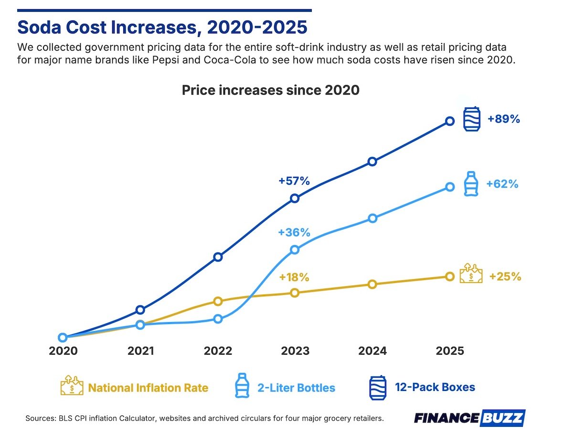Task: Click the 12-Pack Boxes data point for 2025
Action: (449, 121)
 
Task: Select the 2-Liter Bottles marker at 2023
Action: (295, 250)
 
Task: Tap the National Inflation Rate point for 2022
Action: (218, 301)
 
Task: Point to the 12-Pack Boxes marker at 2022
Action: (218, 257)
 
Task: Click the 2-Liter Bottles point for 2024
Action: (372, 218)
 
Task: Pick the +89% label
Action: (503, 119)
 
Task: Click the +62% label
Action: (502, 184)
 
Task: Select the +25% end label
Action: (505, 276)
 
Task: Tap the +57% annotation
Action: (294, 181)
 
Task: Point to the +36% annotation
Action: (294, 233)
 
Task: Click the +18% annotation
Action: (294, 277)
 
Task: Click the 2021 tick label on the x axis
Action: (140, 351)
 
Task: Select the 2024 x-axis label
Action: (372, 351)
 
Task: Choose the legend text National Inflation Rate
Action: (148, 387)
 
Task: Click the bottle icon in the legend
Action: (242, 386)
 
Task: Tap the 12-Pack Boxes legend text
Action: (435, 387)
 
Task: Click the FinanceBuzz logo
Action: (469, 418)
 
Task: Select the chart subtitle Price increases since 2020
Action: (270, 90)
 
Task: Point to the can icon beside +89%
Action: (472, 119)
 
